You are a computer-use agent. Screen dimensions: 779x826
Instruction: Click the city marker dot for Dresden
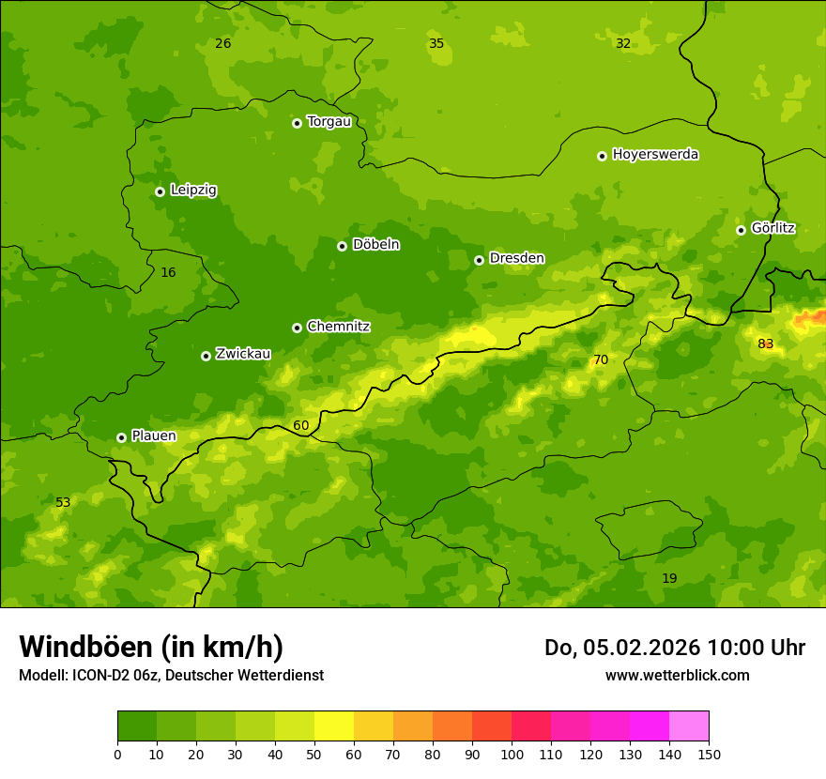(479, 260)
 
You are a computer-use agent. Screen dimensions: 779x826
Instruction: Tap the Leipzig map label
(193, 191)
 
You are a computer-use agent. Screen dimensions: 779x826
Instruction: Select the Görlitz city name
(772, 228)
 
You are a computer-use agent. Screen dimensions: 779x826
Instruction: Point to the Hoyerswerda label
(655, 155)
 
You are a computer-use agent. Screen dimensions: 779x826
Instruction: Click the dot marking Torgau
(297, 123)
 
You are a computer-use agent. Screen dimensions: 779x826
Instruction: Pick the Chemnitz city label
(338, 327)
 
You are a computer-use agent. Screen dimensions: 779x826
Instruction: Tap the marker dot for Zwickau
(206, 356)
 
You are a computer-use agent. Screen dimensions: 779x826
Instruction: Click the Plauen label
(154, 436)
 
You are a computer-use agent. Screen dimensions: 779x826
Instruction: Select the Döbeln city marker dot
(342, 246)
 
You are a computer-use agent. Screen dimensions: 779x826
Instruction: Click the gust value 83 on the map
(766, 344)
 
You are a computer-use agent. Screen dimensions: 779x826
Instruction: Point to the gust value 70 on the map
(601, 360)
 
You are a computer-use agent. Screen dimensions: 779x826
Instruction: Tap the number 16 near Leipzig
(168, 273)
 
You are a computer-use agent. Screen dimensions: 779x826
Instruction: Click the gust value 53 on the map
(63, 503)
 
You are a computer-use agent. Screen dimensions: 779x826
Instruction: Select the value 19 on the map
(669, 579)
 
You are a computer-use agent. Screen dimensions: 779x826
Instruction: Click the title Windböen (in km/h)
(151, 647)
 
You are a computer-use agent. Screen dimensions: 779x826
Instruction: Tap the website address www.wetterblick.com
(677, 676)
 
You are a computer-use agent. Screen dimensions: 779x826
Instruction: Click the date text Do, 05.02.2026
(622, 648)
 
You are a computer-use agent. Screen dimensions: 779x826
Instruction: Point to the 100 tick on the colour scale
(512, 755)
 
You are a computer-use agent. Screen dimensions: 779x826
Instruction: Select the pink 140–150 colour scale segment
(689, 726)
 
